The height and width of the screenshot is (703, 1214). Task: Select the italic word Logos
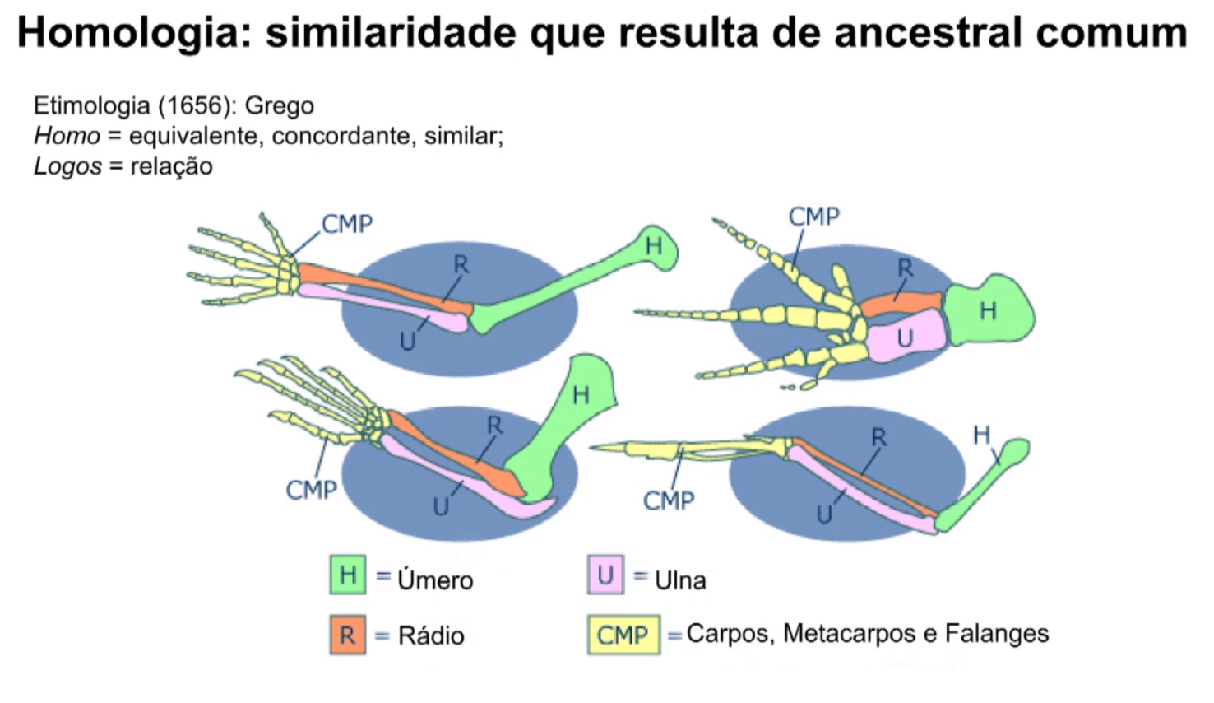point(67,166)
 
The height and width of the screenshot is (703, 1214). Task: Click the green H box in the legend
point(348,575)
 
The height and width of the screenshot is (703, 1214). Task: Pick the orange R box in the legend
point(348,635)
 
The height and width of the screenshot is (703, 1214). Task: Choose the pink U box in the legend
point(605,575)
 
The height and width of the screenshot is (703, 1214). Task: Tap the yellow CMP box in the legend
point(623,635)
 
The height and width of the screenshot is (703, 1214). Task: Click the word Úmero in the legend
point(435,580)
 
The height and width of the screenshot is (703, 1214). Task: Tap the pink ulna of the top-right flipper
point(903,338)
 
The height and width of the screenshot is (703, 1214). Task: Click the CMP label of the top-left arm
point(346,224)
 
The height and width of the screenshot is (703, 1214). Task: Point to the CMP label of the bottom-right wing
point(668,500)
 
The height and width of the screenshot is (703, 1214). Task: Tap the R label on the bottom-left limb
point(494,426)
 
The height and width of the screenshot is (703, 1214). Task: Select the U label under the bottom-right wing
point(824,515)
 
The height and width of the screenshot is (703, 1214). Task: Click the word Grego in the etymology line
point(279,105)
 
